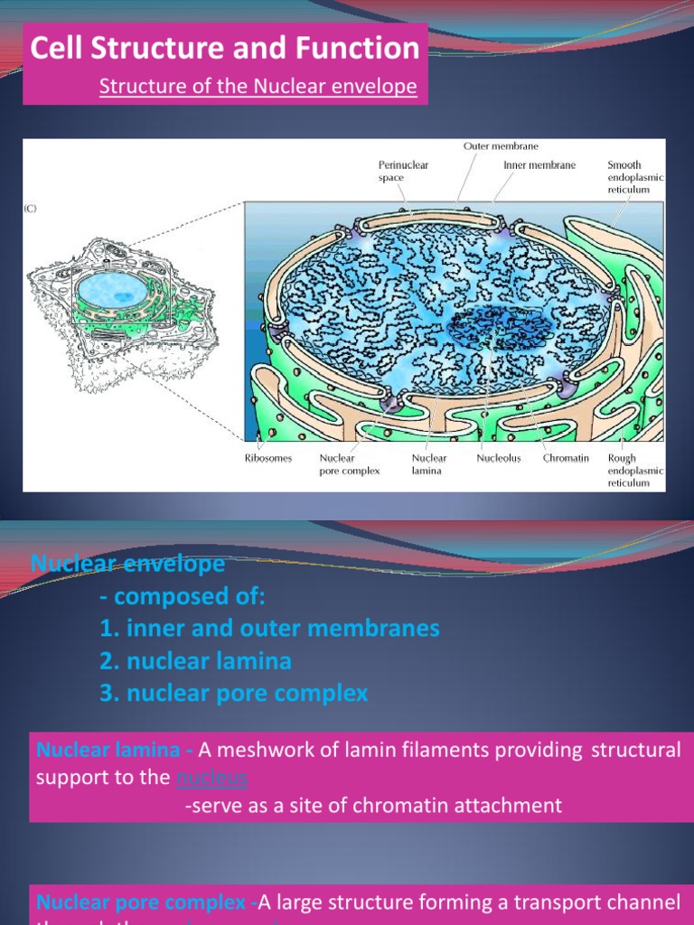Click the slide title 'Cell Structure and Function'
[x=225, y=48]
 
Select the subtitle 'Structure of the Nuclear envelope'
[x=258, y=87]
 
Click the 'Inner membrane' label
[x=539, y=165]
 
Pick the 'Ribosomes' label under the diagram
[x=268, y=458]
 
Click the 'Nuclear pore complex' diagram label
[x=349, y=464]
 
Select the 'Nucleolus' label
[x=500, y=458]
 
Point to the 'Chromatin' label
[x=566, y=458]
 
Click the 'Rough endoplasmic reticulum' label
[x=635, y=470]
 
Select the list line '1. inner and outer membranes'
[x=269, y=629]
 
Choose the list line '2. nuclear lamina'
[x=195, y=661]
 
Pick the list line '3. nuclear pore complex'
[x=234, y=694]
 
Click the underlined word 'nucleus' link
[x=212, y=778]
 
